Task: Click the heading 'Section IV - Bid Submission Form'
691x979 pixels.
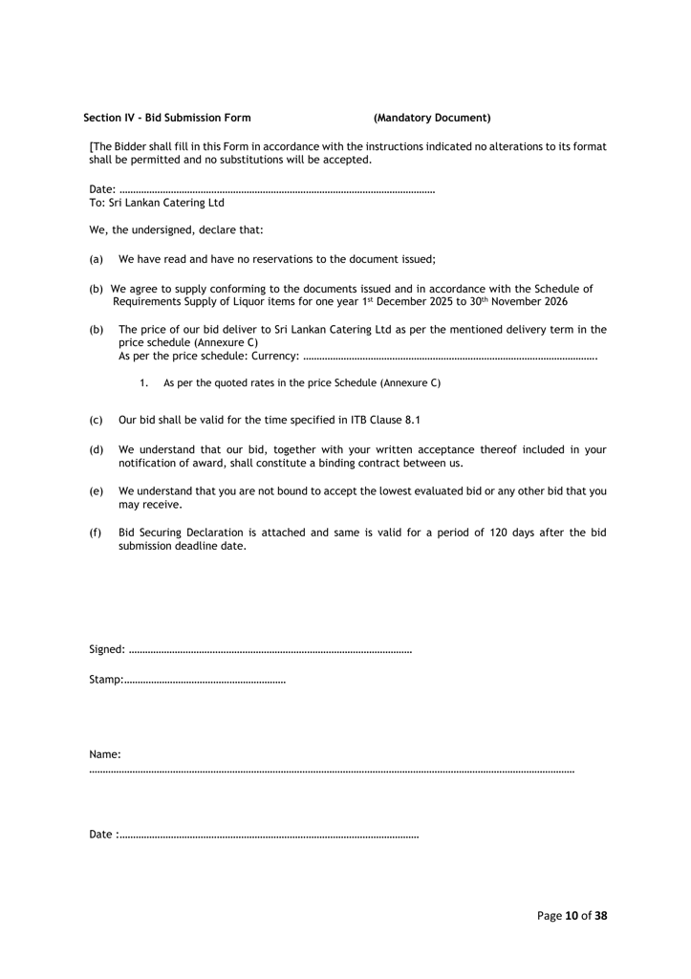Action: tap(167, 119)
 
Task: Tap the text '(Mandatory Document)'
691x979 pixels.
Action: tap(432, 119)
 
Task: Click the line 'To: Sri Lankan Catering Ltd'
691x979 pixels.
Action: tap(157, 204)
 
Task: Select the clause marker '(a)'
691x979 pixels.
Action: tap(96, 259)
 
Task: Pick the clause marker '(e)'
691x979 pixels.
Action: tap(96, 490)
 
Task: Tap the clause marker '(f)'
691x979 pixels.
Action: tap(96, 533)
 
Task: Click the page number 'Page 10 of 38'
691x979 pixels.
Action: tap(572, 915)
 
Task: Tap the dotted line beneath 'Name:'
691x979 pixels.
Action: tap(331, 770)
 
